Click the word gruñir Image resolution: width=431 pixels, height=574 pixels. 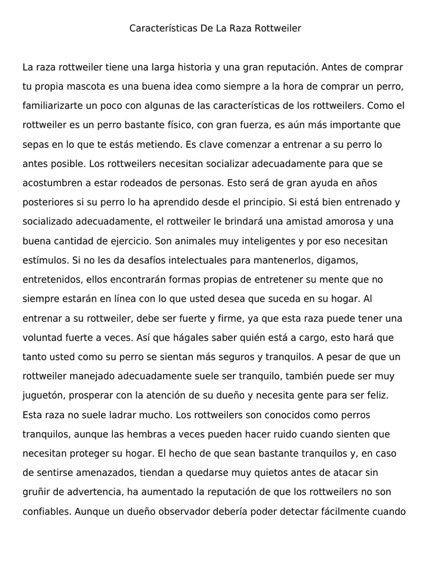35,493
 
